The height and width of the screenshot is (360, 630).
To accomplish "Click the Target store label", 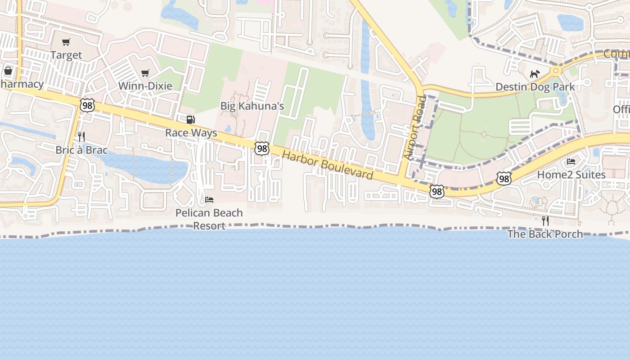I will click(x=66, y=55).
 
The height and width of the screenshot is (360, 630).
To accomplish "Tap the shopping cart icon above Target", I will click(x=66, y=42).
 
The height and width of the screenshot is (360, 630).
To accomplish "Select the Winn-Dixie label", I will click(x=145, y=85).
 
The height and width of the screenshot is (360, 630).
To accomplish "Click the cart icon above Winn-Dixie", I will click(x=145, y=73).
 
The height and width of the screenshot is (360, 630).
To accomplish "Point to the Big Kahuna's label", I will click(x=252, y=106).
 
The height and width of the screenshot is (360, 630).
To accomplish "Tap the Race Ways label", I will click(x=191, y=133).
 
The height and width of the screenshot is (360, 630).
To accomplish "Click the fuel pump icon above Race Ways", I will click(x=191, y=120).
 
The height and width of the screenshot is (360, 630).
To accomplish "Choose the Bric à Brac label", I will click(x=81, y=150).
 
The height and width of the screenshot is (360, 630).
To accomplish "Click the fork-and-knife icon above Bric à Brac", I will click(x=81, y=136).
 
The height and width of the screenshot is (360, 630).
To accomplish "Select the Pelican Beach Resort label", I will click(x=209, y=219).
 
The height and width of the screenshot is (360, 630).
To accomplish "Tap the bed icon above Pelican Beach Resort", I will click(x=209, y=199).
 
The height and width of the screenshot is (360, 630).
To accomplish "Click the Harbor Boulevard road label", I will click(x=328, y=165).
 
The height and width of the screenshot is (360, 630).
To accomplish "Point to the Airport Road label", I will click(x=414, y=127).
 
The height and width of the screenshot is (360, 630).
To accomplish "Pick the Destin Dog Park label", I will click(x=535, y=86).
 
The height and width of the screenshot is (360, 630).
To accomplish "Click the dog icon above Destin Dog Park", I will click(x=535, y=74).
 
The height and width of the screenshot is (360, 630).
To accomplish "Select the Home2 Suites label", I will click(x=571, y=175).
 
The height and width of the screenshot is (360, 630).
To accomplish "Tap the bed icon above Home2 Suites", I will click(x=571, y=162).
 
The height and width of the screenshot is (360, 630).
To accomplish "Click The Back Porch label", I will click(x=545, y=234).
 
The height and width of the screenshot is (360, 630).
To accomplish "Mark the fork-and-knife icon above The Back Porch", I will click(x=545, y=220).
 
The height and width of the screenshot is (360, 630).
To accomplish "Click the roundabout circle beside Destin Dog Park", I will click(x=556, y=70).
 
